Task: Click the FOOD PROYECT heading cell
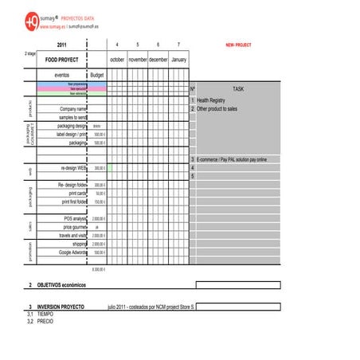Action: tap(62, 60)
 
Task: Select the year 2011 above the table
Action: tap(62, 45)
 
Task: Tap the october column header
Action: tap(117, 60)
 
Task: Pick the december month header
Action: tap(158, 60)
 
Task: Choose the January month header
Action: tap(178, 60)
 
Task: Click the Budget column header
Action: tap(97, 75)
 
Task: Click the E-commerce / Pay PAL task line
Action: tap(232, 160)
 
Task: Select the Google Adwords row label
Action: tap(72, 252)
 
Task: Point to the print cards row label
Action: tap(77, 194)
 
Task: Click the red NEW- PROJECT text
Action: tap(238, 45)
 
